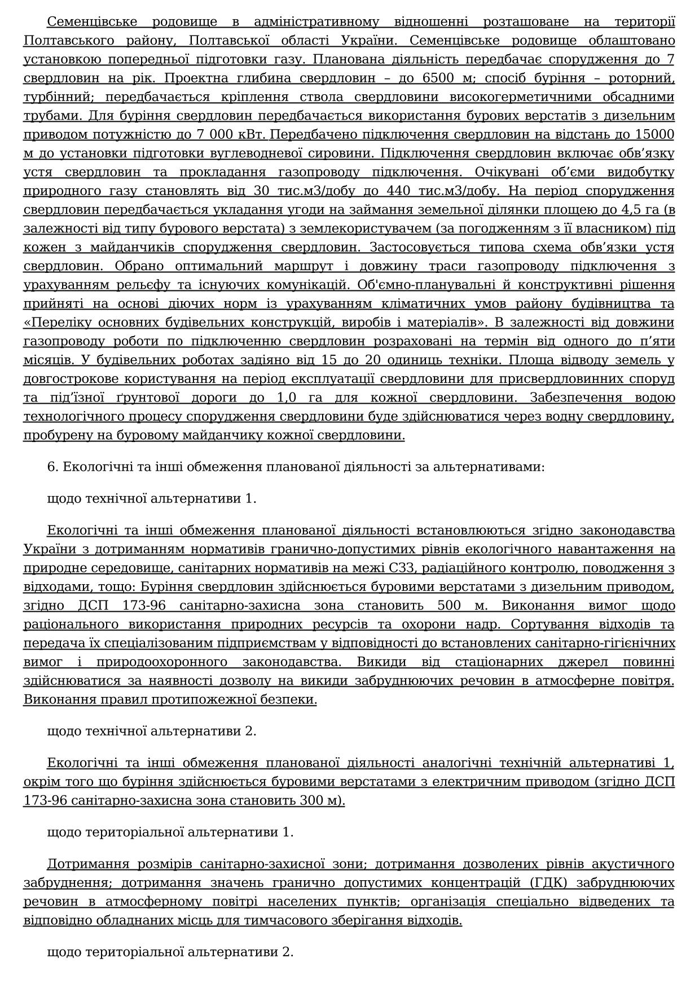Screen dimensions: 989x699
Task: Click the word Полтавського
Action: [x=67, y=41]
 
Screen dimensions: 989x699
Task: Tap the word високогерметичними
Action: [x=520, y=97]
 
